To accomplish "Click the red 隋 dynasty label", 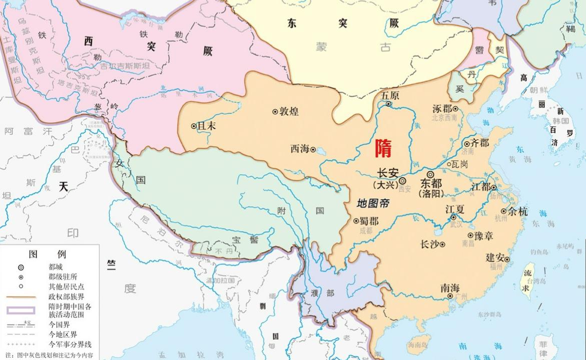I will tap(384, 149).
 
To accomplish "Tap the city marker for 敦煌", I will tap(275, 112).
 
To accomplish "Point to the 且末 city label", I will tap(207, 127).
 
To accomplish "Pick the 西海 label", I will tap(300, 149).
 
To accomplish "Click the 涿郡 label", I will tap(442, 109).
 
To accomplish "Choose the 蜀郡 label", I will tap(369, 221).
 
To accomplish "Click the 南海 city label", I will tap(450, 288).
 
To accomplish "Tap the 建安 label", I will tap(495, 258).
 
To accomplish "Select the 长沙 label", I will tap(430, 244).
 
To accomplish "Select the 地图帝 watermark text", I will tap(373, 203).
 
